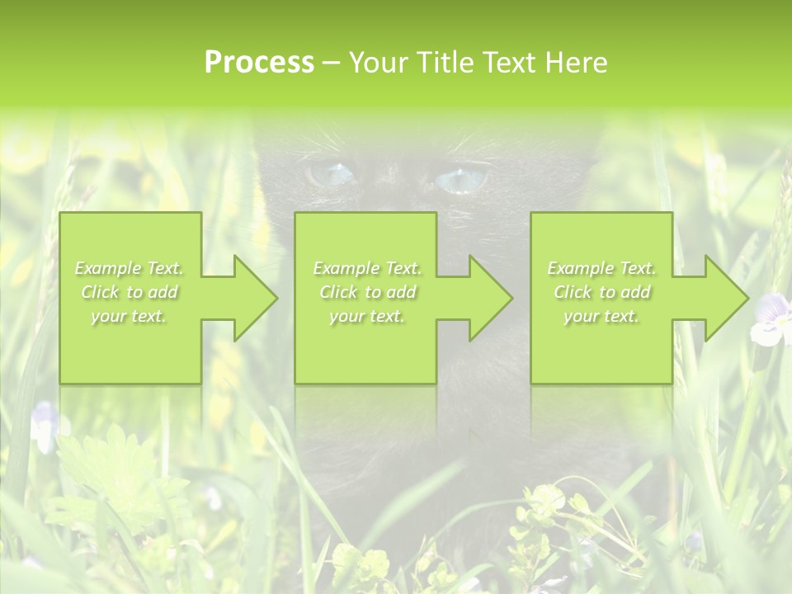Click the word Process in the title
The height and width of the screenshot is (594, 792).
pyautogui.click(x=259, y=63)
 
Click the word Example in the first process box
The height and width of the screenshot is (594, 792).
pyautogui.click(x=107, y=268)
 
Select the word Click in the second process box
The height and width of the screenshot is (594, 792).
pyautogui.click(x=337, y=292)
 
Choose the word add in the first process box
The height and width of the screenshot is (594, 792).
pyautogui.click(x=163, y=292)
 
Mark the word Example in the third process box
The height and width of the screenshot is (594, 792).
pyautogui.click(x=580, y=268)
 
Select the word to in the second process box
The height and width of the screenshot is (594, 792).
pyautogui.click(x=373, y=292)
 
